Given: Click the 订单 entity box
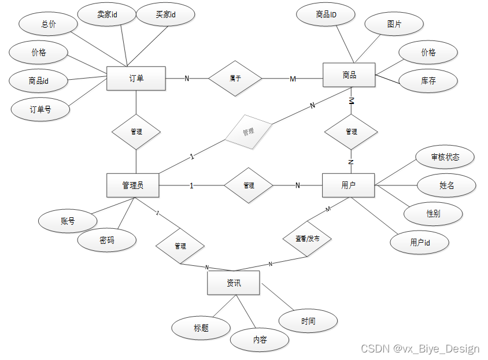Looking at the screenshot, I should point(136,79).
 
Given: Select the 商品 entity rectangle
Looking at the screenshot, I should point(349,75).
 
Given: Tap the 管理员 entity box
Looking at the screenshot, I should point(133,185).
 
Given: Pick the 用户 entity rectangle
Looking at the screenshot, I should point(348,185).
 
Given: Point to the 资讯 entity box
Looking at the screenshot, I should point(234,283).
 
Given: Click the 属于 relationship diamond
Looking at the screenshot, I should point(235,79).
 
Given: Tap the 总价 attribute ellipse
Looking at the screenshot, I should point(49,24).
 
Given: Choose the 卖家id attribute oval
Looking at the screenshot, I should point(107,15).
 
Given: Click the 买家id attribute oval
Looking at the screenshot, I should point(165,15).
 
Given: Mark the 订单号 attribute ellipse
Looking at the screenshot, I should point(40,109).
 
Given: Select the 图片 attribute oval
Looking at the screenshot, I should point(394,25).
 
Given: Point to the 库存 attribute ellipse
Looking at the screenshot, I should point(428,81).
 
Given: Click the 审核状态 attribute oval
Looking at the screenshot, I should point(445,157).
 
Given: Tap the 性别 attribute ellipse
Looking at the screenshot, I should point(433,214).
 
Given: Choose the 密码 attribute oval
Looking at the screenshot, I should point(107,240).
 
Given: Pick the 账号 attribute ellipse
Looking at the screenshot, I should point(68,221).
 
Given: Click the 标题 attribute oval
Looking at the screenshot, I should point(201,328).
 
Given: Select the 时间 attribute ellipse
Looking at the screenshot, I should point(308,321).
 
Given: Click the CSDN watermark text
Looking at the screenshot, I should point(420,348).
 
